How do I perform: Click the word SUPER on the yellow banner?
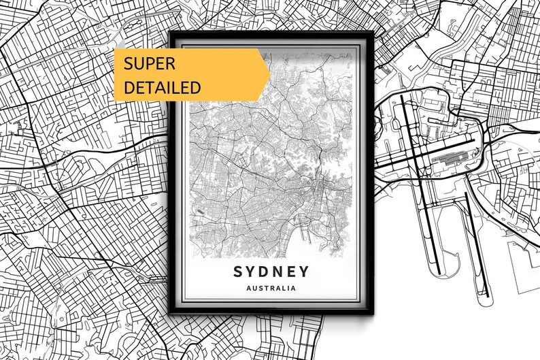pos(149,64)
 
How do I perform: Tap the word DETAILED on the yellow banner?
pos(162,87)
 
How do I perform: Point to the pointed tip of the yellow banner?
pos(269,75)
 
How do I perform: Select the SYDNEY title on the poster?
pos(271,272)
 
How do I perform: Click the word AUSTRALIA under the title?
pos(271,289)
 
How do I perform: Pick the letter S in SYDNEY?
pos(238,272)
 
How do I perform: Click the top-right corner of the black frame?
pos(374,31)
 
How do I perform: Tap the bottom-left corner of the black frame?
pos(169,314)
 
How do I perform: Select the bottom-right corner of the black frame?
pos(374,314)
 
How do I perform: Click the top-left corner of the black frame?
pos(169,31)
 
